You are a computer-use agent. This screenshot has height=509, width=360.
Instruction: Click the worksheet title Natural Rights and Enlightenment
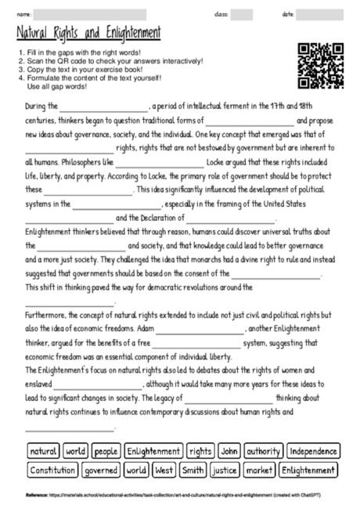[x=88, y=34]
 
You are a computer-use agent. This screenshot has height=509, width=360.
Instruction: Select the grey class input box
[x=241, y=14]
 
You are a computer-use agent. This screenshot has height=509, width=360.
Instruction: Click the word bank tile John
[x=229, y=451]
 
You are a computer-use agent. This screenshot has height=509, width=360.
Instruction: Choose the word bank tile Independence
[x=313, y=451]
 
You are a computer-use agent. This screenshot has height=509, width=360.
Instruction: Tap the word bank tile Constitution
[x=52, y=471]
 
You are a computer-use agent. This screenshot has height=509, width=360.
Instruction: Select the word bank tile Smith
[x=192, y=471]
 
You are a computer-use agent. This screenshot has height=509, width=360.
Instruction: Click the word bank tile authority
[x=263, y=451]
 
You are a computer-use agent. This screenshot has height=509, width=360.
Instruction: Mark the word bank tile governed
[x=101, y=471]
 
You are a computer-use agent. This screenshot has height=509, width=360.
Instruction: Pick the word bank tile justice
[x=225, y=471]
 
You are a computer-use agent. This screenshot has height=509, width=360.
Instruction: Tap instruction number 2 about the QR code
[x=110, y=61]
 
